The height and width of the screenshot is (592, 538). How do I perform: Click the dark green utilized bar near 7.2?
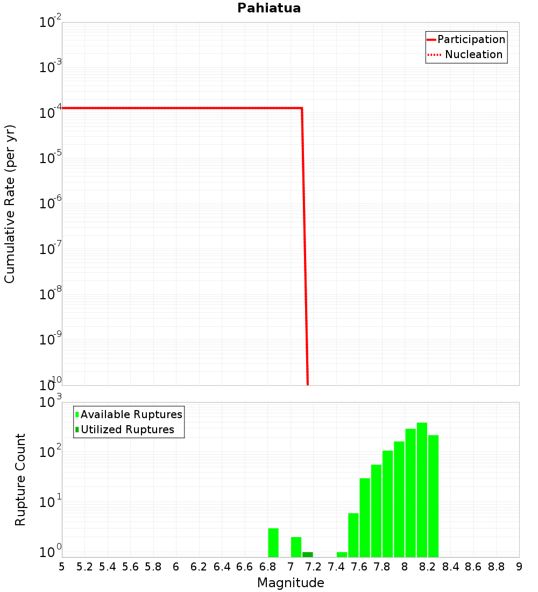(307, 554)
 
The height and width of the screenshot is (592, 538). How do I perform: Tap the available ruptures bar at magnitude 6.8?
(273, 542)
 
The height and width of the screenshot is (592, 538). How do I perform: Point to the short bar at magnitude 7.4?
(342, 554)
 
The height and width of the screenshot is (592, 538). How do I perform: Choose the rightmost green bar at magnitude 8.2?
(433, 496)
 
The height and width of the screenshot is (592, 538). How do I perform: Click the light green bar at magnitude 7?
(296, 547)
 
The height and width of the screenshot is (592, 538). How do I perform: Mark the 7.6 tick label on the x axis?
(359, 566)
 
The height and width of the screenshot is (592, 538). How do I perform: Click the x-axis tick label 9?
(519, 566)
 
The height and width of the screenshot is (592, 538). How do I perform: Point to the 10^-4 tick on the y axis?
(50, 112)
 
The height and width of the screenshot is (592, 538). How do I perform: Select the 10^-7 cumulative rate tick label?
(50, 249)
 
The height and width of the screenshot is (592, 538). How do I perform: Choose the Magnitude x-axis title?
(291, 583)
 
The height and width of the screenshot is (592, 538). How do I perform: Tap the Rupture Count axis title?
(20, 479)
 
